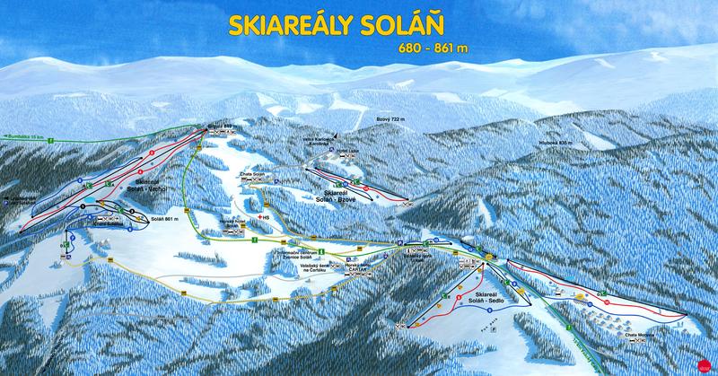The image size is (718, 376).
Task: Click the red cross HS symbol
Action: coord(261,218)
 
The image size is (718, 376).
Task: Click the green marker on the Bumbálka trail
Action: coord(53,140)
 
